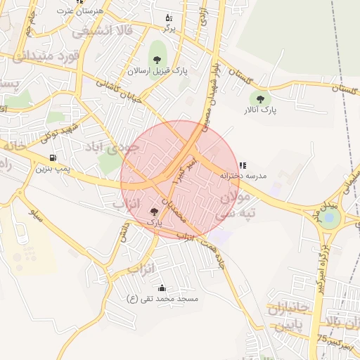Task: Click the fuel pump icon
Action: pyautogui.click(x=53, y=157)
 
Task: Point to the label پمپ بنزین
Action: pyautogui.click(x=53, y=169)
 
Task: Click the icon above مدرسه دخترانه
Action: pyautogui.click(x=243, y=165)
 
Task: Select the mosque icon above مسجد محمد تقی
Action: pyautogui.click(x=162, y=288)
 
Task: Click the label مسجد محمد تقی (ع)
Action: pyautogui.click(x=162, y=299)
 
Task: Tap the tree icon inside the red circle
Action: pyautogui.click(x=155, y=211)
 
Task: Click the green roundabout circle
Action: pyautogui.click(x=330, y=218)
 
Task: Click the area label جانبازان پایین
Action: pyautogui.click(x=287, y=317)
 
